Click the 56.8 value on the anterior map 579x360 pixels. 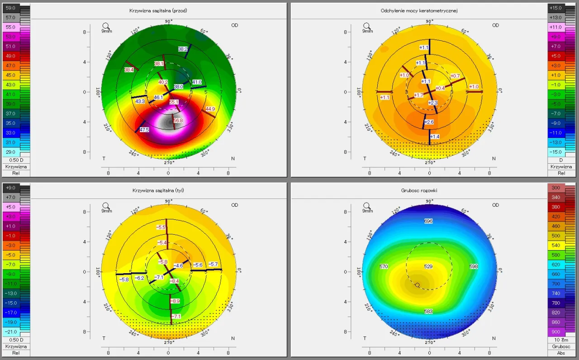[x=178, y=120]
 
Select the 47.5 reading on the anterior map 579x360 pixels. [x=144, y=129]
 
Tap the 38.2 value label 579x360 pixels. [x=183, y=49]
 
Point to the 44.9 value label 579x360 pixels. [x=210, y=109]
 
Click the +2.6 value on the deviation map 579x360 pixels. [x=429, y=122]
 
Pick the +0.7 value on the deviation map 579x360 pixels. [x=455, y=76]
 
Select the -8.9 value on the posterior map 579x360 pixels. [x=175, y=301]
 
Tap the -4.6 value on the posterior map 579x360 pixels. [x=179, y=265]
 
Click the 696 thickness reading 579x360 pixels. [x=429, y=221]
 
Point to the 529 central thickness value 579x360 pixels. [x=428, y=266]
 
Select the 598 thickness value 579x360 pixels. [x=474, y=266]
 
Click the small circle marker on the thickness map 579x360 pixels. [x=417, y=285]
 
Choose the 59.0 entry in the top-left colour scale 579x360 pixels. [x=10, y=8]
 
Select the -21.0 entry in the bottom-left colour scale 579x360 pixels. [x=10, y=332]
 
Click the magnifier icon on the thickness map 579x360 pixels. [x=367, y=206]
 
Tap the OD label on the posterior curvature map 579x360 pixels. [x=235, y=205]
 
